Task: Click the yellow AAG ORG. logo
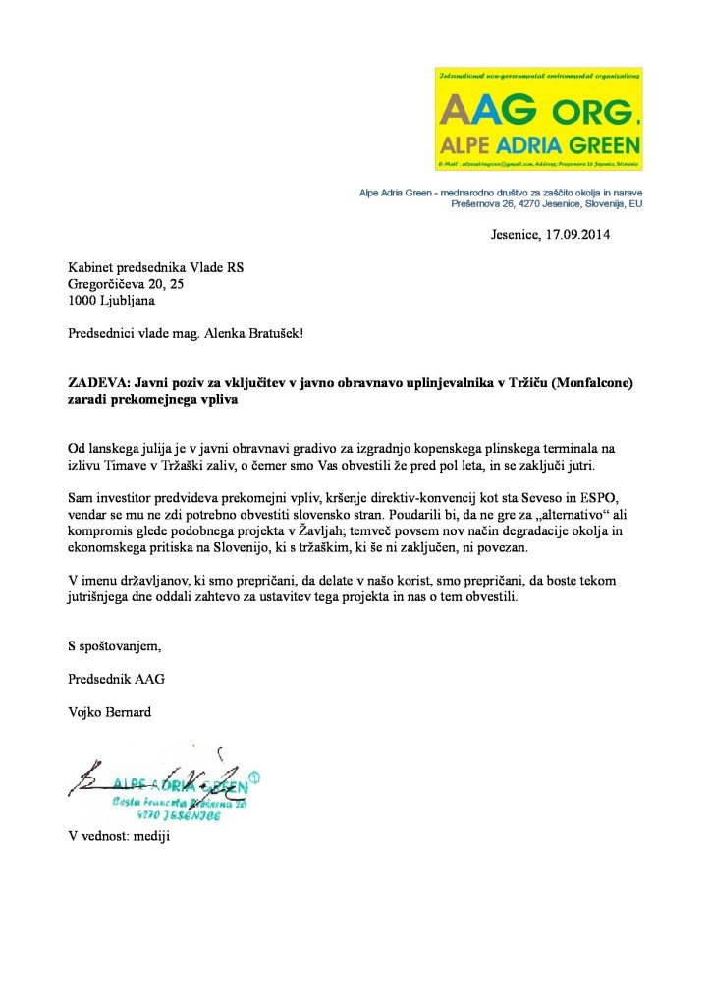pyautogui.click(x=538, y=117)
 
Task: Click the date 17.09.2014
pyautogui.click(x=583, y=236)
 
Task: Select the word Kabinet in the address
pyautogui.click(x=91, y=267)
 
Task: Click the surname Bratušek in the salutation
pyautogui.click(x=266, y=333)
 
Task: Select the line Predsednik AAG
pyautogui.click(x=109, y=679)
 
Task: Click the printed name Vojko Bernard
pyautogui.click(x=109, y=711)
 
